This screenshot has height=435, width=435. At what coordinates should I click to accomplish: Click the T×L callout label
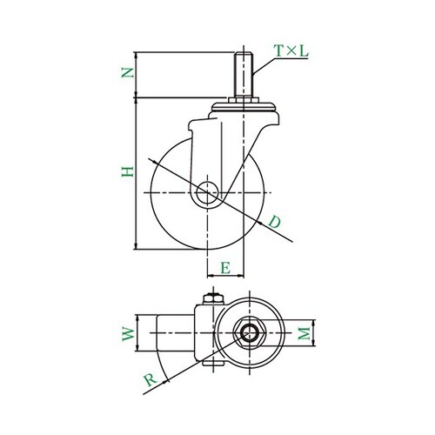[x=291, y=51]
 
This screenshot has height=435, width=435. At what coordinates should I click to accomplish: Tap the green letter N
[x=128, y=73]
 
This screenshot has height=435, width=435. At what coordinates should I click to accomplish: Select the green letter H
[x=128, y=172]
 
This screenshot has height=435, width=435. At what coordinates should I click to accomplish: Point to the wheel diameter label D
[x=274, y=222]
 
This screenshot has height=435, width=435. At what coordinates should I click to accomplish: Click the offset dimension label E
[x=225, y=268]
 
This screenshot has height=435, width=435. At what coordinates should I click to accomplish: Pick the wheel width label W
[x=128, y=334]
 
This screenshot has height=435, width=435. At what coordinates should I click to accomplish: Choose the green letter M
[x=304, y=333]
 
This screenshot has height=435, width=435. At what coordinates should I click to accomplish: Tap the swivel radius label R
[x=151, y=379]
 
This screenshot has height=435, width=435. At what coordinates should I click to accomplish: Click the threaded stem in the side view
[x=244, y=75]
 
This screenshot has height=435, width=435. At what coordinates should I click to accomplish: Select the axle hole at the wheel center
[x=207, y=193]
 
